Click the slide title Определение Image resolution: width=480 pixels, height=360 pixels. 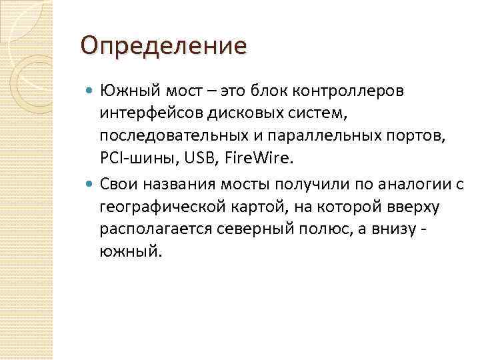point(163,47)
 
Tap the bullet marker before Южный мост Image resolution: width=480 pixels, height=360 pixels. point(91,89)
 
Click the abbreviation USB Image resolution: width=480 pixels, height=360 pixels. point(191,159)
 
